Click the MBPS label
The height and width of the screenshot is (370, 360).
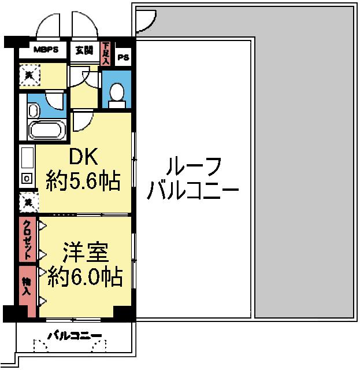(46, 50)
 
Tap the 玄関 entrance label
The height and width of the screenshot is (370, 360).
(84, 50)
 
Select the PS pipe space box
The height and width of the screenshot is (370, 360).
(124, 57)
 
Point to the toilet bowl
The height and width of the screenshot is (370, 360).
(117, 93)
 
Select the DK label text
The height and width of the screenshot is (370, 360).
(84, 157)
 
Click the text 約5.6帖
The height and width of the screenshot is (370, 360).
(84, 182)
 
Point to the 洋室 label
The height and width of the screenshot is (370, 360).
(85, 253)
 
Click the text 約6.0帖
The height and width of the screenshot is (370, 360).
(85, 278)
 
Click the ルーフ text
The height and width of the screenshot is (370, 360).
(193, 168)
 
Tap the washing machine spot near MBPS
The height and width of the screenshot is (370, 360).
(28, 75)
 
